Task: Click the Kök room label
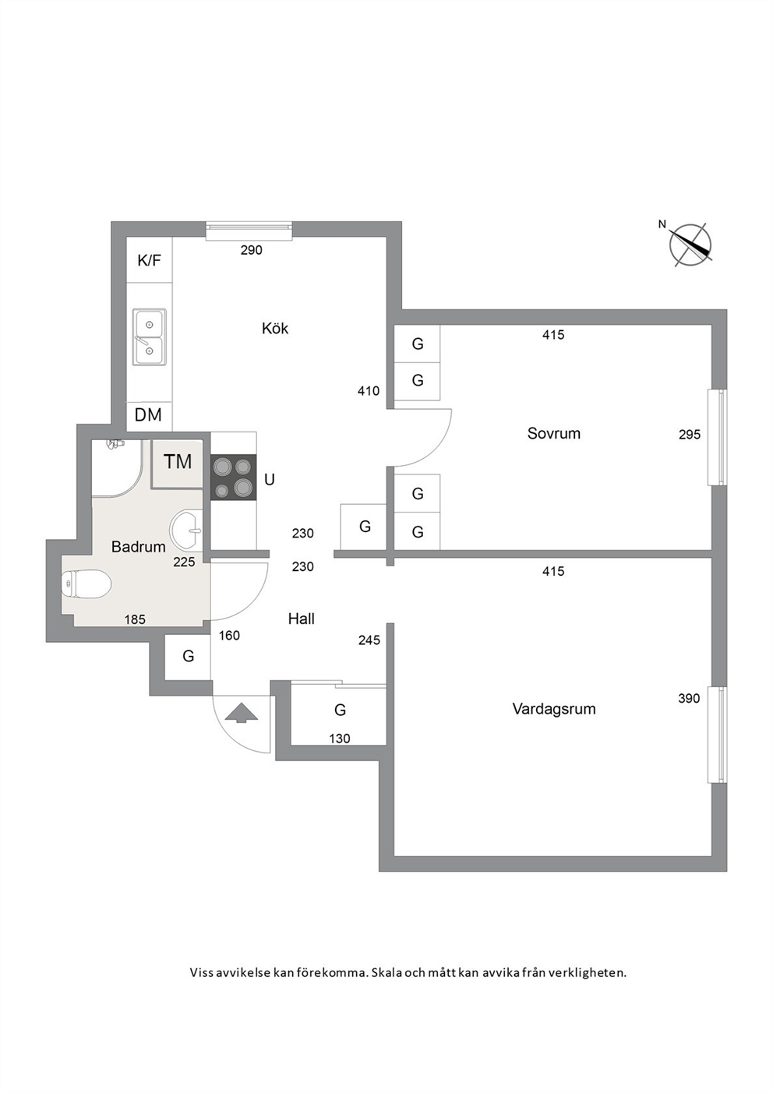click(x=275, y=328)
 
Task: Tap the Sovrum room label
click(x=554, y=433)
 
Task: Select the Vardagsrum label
click(x=554, y=708)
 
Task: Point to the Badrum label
click(x=139, y=547)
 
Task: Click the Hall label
click(x=301, y=619)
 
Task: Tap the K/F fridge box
click(x=150, y=260)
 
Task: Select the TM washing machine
click(x=177, y=463)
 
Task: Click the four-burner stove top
click(x=233, y=478)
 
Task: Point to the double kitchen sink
click(x=150, y=337)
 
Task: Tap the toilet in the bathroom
click(x=86, y=584)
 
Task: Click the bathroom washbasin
click(x=186, y=531)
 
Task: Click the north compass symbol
click(x=689, y=244)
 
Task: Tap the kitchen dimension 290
click(x=252, y=250)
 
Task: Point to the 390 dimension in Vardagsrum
click(x=689, y=698)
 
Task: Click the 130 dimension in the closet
click(x=340, y=739)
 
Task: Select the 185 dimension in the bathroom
click(x=135, y=619)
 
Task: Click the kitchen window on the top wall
click(x=249, y=231)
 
